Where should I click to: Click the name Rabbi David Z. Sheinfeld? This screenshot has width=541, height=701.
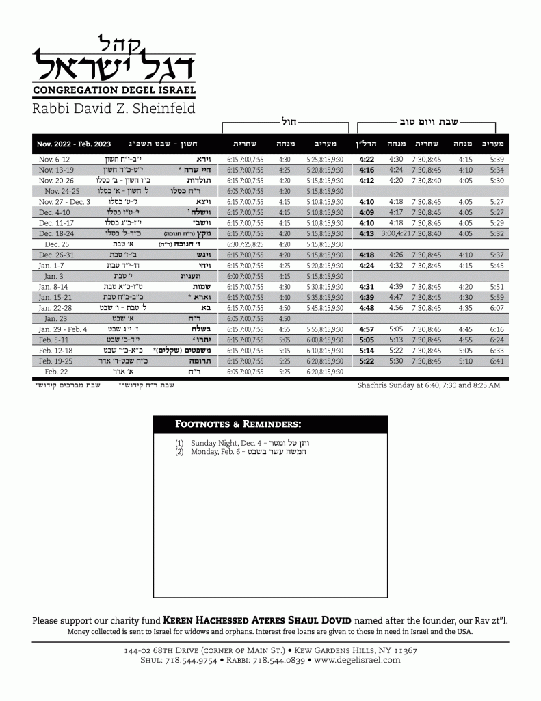pos(114,108)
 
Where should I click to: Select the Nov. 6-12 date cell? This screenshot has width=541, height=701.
pos(55,159)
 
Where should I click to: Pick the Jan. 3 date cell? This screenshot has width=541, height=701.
pos(55,276)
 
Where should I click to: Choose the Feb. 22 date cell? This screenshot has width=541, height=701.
pos(55,372)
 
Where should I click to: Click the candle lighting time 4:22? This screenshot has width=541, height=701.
pos(367,159)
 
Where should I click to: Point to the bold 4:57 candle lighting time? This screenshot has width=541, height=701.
pos(367,329)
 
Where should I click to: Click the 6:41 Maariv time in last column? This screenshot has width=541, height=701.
pos(497,361)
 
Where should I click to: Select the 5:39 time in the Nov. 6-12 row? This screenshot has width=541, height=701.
pos(497,159)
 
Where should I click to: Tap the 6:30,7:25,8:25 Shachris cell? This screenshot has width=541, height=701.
pos(245,244)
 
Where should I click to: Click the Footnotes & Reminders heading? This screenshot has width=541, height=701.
pos(238,424)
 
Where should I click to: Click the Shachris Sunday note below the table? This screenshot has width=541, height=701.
pos(428,385)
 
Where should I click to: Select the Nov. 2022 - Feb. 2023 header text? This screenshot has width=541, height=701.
pos(74,144)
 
